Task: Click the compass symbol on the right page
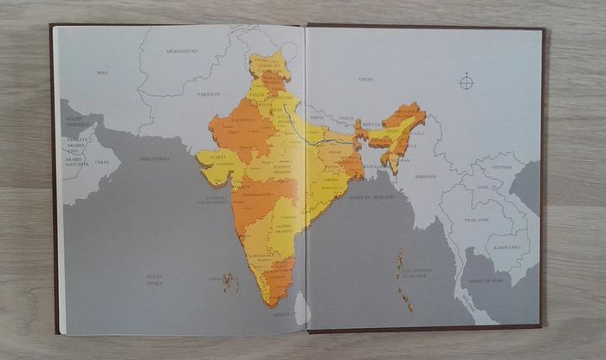[x=467, y=82]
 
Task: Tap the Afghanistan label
[x=182, y=51]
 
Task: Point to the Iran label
[x=102, y=73]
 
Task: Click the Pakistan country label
[x=209, y=93]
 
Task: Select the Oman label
[x=102, y=162]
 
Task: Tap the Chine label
[x=365, y=79]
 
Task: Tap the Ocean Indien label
[x=154, y=279]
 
